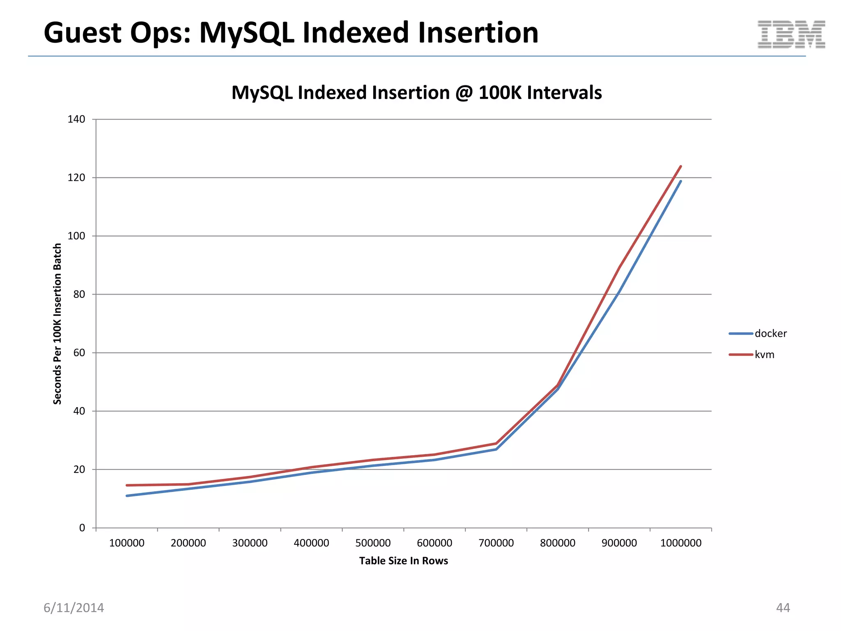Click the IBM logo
(791, 35)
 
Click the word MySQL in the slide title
(246, 33)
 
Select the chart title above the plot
(416, 93)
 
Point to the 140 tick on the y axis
(76, 120)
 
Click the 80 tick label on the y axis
(79, 295)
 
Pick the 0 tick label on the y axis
(82, 528)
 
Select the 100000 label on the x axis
(126, 543)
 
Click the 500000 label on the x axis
(373, 543)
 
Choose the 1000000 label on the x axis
(680, 543)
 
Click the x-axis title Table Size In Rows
(403, 561)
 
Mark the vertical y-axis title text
(57, 324)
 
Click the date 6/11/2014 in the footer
(74, 608)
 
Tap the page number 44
(783, 608)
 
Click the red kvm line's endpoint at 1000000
(681, 166)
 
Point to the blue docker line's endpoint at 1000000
(680, 181)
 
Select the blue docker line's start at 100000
(127, 496)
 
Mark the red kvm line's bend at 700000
(496, 443)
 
